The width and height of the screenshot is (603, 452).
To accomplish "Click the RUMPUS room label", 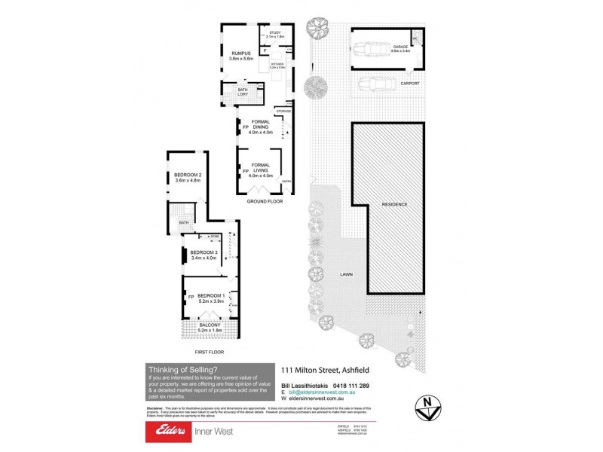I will point(240,53).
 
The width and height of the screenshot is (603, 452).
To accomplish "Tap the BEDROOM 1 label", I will point(211,295).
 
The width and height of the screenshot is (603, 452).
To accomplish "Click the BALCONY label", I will point(210,325).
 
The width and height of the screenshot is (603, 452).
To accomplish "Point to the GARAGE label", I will point(399,47).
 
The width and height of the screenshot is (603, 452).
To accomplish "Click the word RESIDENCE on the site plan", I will point(394,204).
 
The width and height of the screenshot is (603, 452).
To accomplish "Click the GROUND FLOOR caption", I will point(264,202).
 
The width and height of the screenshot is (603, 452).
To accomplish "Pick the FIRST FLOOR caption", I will point(209,352).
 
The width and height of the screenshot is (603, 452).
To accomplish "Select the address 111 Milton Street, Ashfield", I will point(329,370).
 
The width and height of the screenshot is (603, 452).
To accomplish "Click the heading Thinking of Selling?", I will point(182,369).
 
